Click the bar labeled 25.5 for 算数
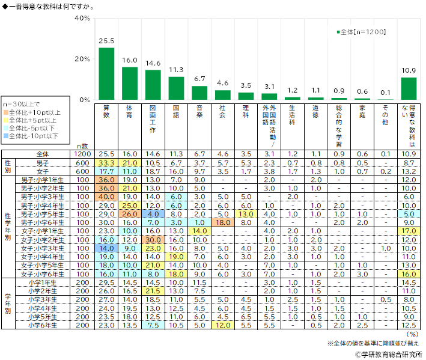click(106, 73)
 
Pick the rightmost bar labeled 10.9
click(409, 88)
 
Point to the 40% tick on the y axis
click(82, 18)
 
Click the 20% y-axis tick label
click(82, 59)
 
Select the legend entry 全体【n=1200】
click(359, 32)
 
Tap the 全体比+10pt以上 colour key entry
click(34, 112)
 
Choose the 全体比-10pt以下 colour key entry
click(34, 136)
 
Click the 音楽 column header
click(199, 111)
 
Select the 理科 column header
click(246, 111)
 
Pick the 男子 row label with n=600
click(43, 163)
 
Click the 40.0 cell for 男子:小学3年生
click(106, 197)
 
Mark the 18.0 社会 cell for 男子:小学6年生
click(222, 222)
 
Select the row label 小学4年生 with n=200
click(43, 308)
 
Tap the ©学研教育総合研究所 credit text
click(388, 354)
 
